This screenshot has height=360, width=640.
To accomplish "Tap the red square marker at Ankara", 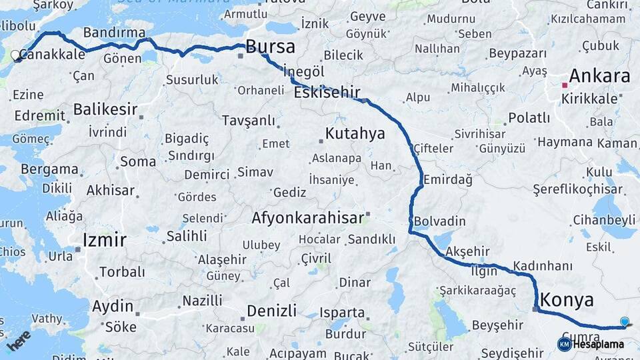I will coord(565,85).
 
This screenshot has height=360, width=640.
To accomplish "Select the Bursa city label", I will coord(270,47).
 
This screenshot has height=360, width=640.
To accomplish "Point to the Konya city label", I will coord(567,299).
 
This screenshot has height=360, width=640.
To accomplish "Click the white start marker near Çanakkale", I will coord(16,55).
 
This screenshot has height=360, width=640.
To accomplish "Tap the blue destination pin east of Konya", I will coord(624,322).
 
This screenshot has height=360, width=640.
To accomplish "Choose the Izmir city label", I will coord(104,240).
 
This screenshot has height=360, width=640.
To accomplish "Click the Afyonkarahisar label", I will coord(307,217).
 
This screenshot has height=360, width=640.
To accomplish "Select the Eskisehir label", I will coord(327,93).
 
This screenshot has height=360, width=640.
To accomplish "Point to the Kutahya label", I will coord(355,133).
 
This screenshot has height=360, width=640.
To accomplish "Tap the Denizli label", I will coord(271,311).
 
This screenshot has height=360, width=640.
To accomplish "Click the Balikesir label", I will coord(105,109).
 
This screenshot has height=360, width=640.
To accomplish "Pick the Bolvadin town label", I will coord(439,221).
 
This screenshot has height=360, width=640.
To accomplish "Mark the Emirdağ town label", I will coord(448,179).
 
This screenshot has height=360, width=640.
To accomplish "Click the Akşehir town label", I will coord(467,251).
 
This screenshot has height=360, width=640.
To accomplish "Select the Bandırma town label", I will coord(115,33).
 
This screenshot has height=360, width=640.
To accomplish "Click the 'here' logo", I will coord(19,340).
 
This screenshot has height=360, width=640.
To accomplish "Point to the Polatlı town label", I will coord(529,118).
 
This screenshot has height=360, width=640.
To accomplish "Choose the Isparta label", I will coord(342,312).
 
